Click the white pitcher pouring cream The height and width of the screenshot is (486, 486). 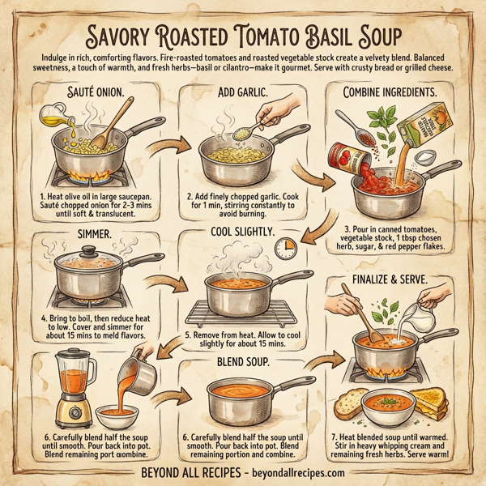point(423,318)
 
